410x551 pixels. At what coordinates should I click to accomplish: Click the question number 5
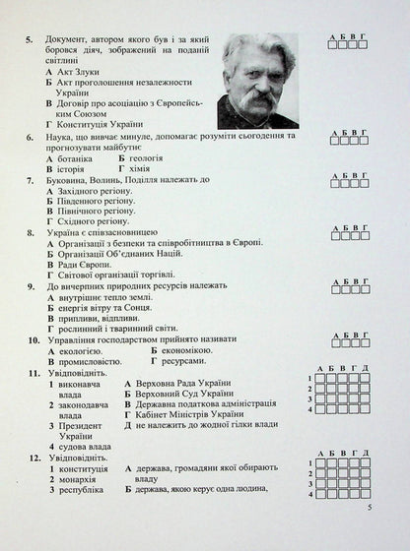[34, 40]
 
